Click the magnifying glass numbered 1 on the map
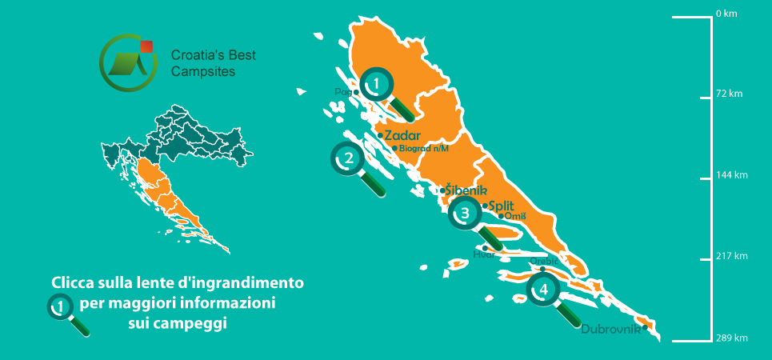(x=375, y=83)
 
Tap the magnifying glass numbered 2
(x=348, y=158)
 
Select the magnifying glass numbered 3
(x=465, y=214)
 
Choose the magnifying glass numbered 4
(x=544, y=290)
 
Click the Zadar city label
(x=402, y=135)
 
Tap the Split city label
(x=500, y=206)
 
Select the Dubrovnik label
(x=610, y=329)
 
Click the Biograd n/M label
(x=423, y=148)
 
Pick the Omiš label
(x=514, y=216)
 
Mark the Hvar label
(x=484, y=254)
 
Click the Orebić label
(x=543, y=261)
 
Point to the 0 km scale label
(x=726, y=14)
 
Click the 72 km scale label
(x=730, y=94)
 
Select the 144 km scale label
(x=732, y=175)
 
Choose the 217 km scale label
(x=732, y=256)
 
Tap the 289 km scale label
(x=732, y=338)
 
